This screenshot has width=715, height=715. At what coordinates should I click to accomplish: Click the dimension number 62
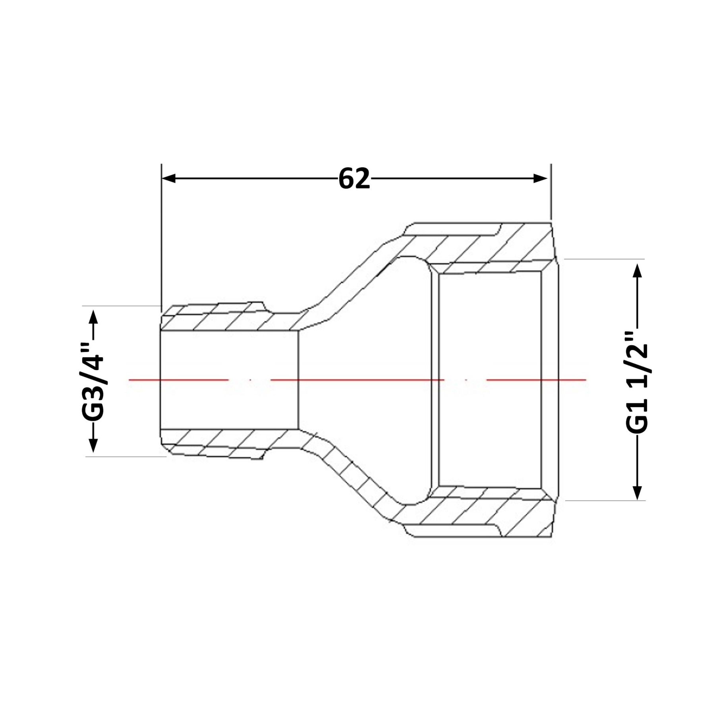click(x=354, y=179)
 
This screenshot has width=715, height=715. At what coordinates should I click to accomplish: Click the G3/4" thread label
click(x=93, y=381)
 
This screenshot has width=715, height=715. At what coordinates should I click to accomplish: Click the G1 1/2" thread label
click(x=637, y=382)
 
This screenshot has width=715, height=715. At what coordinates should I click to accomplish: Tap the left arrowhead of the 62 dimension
click(x=169, y=178)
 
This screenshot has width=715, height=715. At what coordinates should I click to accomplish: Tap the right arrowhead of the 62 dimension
click(x=540, y=178)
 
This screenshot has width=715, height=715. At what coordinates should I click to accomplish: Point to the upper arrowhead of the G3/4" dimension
click(x=93, y=317)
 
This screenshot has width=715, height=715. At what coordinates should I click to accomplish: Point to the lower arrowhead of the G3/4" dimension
click(x=93, y=445)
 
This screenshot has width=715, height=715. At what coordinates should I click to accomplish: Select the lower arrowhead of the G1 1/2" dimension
click(x=638, y=492)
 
